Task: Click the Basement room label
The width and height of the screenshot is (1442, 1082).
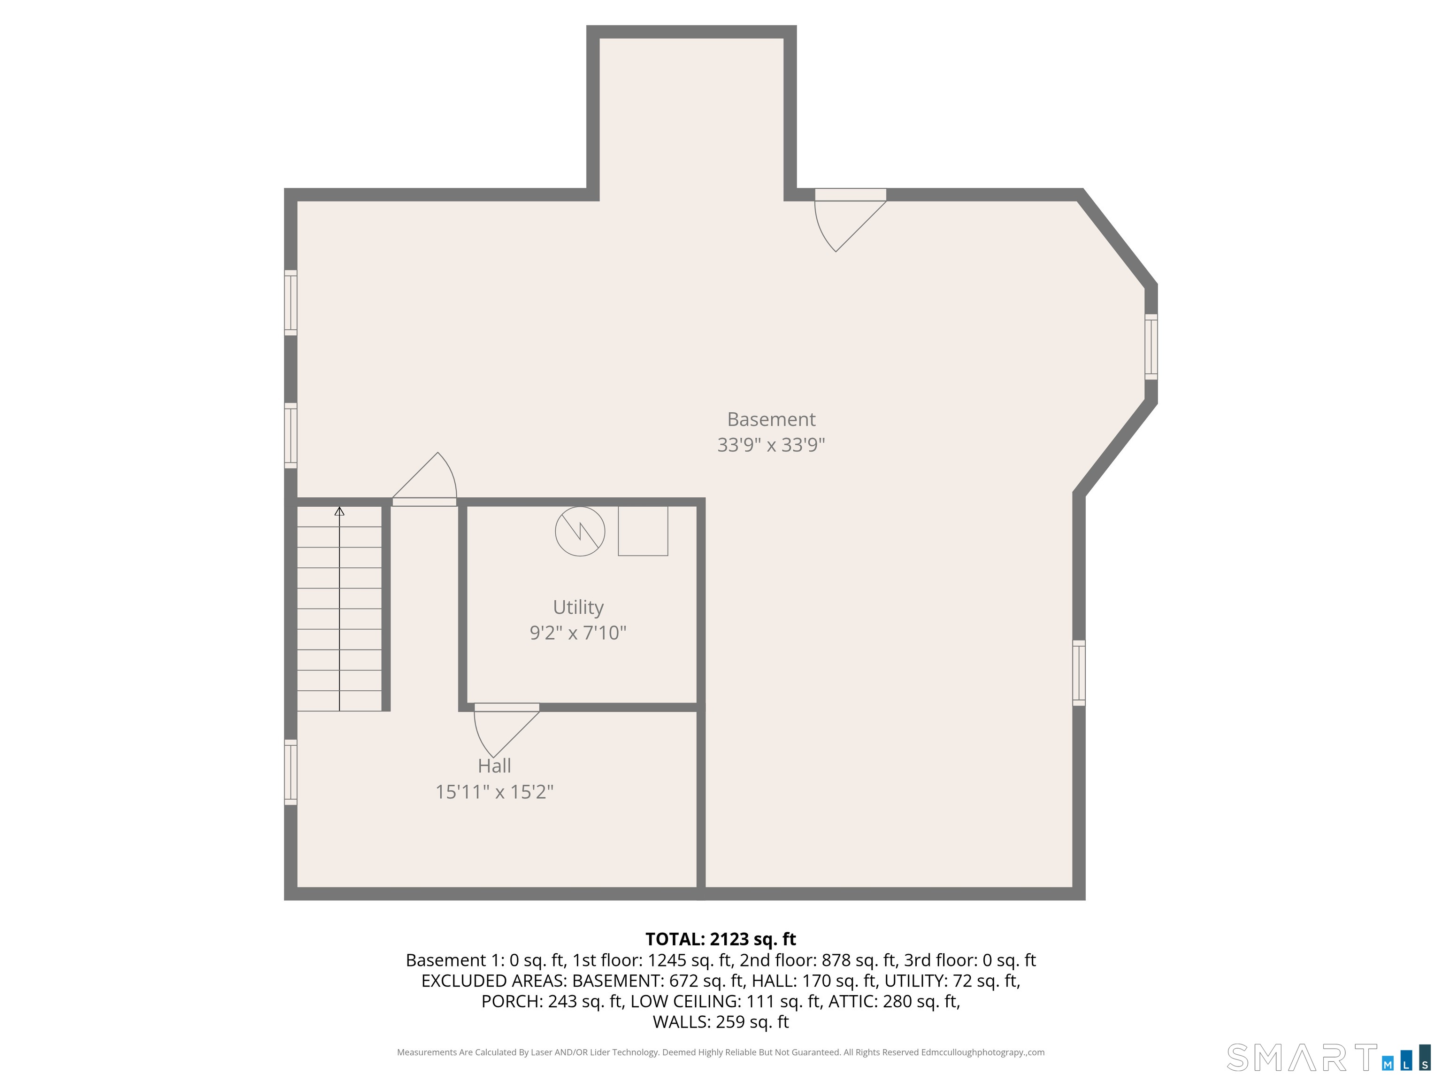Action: pyautogui.click(x=771, y=419)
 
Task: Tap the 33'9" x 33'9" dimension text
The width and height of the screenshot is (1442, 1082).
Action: pyautogui.click(x=771, y=445)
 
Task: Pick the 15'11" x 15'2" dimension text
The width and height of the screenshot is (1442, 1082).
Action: pyautogui.click(x=494, y=792)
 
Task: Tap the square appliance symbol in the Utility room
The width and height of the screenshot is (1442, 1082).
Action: pyautogui.click(x=643, y=531)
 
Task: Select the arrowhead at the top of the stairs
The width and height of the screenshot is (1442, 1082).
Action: pyautogui.click(x=339, y=511)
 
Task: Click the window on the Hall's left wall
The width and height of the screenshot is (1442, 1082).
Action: pyautogui.click(x=291, y=772)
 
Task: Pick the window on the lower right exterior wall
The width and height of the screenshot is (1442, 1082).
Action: pyautogui.click(x=1079, y=673)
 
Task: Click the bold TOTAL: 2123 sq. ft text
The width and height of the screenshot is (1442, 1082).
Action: pyautogui.click(x=721, y=939)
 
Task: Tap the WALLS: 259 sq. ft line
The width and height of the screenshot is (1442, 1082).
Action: pyautogui.click(x=721, y=1022)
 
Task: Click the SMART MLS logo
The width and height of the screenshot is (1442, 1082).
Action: pyautogui.click(x=1328, y=1058)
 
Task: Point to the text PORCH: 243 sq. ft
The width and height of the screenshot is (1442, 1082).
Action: pyautogui.click(x=552, y=1001)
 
